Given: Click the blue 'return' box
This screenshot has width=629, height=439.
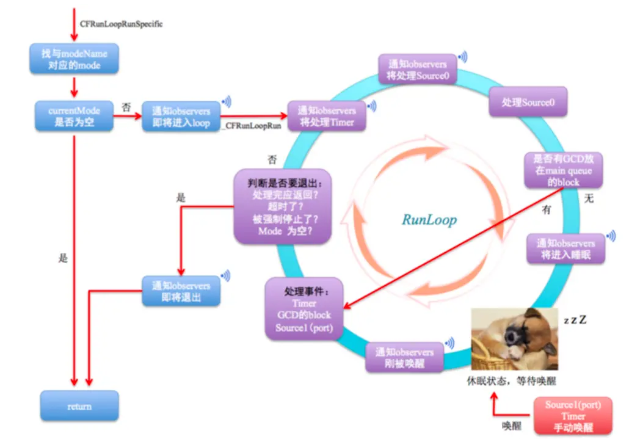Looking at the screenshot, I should point(79,406).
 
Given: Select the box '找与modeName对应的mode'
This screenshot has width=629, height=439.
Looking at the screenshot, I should point(74,59).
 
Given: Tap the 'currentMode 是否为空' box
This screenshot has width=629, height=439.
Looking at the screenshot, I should point(74,117).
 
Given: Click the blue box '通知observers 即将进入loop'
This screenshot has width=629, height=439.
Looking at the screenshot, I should point(181,117).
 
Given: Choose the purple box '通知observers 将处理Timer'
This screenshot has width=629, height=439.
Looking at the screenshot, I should point(326,116).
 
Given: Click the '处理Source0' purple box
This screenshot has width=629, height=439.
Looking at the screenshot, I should point(528,102).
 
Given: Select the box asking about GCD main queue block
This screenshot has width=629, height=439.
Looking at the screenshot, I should point(563,170).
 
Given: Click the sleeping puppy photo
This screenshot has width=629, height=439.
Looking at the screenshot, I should point(515,339).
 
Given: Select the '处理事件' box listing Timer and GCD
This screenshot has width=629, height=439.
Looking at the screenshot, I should point(304,309).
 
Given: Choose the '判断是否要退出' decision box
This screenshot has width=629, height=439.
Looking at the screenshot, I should point(282,207).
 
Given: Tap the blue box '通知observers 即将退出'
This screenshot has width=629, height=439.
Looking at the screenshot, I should point(181,292).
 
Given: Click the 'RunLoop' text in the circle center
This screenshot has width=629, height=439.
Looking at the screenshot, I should point(429,220).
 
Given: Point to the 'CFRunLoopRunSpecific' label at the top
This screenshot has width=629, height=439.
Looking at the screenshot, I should point(122,24).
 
